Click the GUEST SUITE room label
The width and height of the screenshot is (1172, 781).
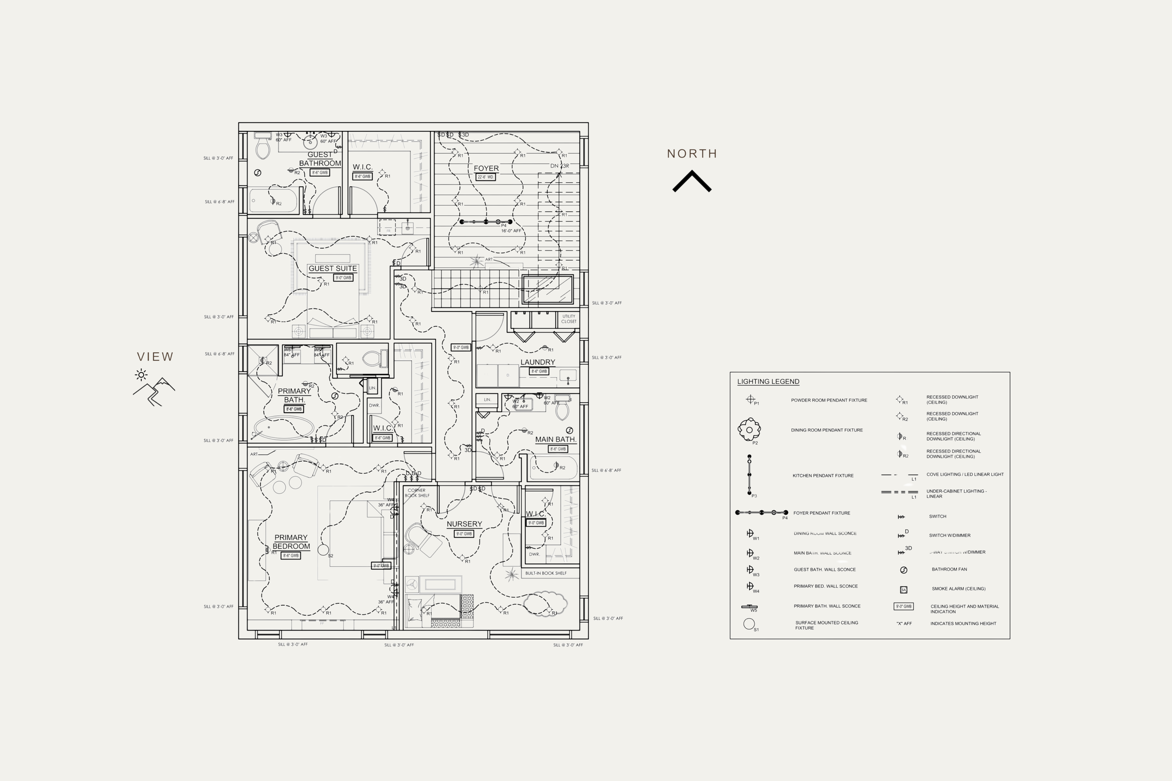pos(333,269)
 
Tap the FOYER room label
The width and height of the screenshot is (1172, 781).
pos(486,168)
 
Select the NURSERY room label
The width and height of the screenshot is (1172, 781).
pos(464,524)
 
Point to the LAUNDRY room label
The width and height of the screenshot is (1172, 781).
pos(537,362)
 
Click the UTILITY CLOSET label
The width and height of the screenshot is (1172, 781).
pos(569,319)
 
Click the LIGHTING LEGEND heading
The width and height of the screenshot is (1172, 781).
pos(768,382)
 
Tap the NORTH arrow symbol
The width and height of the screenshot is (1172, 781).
pos(692,181)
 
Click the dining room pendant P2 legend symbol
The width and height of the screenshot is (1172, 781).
pos(749,429)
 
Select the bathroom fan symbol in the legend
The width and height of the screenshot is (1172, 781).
pos(903,570)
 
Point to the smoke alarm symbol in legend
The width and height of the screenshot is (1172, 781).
pos(903,590)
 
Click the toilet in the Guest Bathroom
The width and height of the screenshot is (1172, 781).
pos(263,147)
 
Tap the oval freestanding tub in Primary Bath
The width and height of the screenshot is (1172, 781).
pos(284,428)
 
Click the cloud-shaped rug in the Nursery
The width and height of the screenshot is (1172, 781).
pos(545,603)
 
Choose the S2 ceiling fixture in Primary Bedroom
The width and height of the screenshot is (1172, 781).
pos(323,550)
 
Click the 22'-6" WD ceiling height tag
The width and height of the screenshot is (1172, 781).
pos(486,177)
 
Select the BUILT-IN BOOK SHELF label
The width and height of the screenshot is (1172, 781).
pos(546,573)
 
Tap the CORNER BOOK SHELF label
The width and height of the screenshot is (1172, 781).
pos(417,493)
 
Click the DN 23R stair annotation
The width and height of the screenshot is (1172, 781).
pos(559,166)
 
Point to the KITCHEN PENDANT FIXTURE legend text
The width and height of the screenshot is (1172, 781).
pos(823,476)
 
